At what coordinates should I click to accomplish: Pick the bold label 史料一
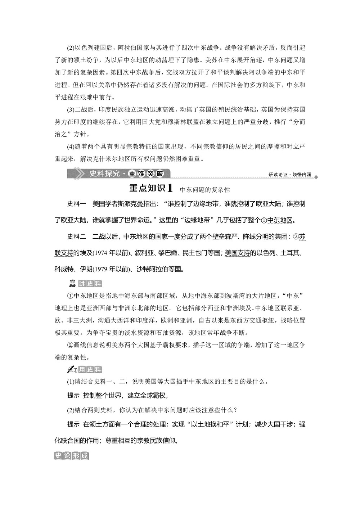(x=76, y=204)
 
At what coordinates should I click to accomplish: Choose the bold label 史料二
(x=76, y=237)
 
